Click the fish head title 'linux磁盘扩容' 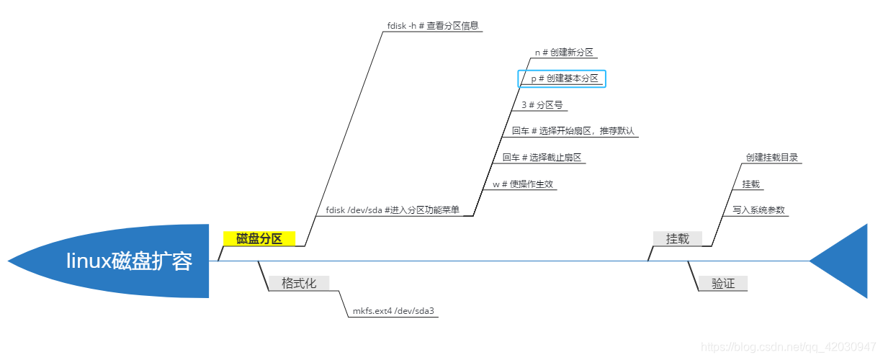coord(130,261)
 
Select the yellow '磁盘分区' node coord(259,239)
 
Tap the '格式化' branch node coord(299,283)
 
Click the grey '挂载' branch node coord(677,238)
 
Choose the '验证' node coord(723,284)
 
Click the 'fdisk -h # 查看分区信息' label coord(433,25)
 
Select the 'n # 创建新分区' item coord(564,52)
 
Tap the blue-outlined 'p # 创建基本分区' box coord(562,78)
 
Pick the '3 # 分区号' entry coord(542,105)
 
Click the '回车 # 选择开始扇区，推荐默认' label coord(573,131)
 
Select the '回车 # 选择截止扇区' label coord(542,158)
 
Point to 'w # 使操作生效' coord(523,184)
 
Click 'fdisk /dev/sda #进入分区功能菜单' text coord(393,210)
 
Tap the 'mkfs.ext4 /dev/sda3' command coord(393,312)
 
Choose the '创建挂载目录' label coord(772,158)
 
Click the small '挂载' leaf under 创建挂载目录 coord(750,184)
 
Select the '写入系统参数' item coord(758,210)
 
